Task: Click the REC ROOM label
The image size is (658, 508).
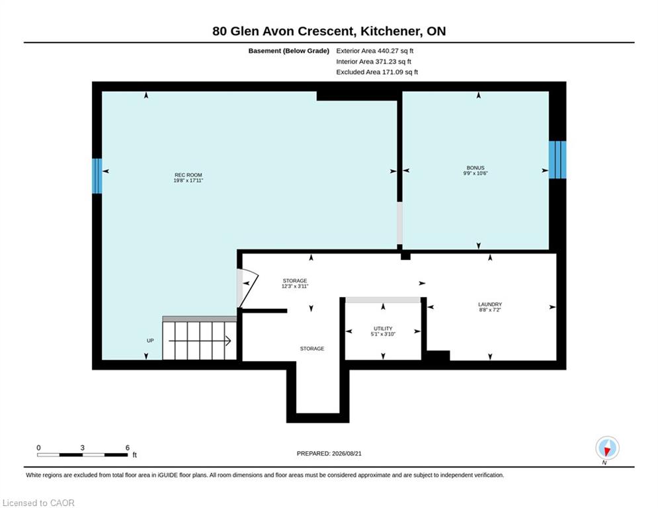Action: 188,175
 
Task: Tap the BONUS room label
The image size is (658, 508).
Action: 475,168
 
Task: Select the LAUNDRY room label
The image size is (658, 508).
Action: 490,304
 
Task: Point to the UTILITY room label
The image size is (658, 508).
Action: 383,329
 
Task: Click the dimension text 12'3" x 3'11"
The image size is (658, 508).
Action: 295,286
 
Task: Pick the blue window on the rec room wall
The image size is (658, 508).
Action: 97,176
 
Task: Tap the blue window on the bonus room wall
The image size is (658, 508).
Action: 557,159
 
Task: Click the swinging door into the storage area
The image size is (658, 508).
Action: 247,288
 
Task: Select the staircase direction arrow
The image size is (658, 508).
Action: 200,341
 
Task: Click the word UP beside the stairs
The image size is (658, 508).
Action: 150,341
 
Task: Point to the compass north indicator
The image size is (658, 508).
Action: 607,448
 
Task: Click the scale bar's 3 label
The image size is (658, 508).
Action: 83,448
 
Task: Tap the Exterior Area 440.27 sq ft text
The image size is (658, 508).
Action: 375,51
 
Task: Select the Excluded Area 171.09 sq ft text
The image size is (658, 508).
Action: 377,72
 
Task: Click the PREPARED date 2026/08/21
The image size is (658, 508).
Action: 347,453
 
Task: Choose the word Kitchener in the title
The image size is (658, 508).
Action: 391,31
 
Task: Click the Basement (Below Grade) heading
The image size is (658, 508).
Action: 289,51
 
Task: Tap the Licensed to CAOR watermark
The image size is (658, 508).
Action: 38,503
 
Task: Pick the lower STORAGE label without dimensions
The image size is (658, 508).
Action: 312,349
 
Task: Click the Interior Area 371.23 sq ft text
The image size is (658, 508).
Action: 374,62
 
